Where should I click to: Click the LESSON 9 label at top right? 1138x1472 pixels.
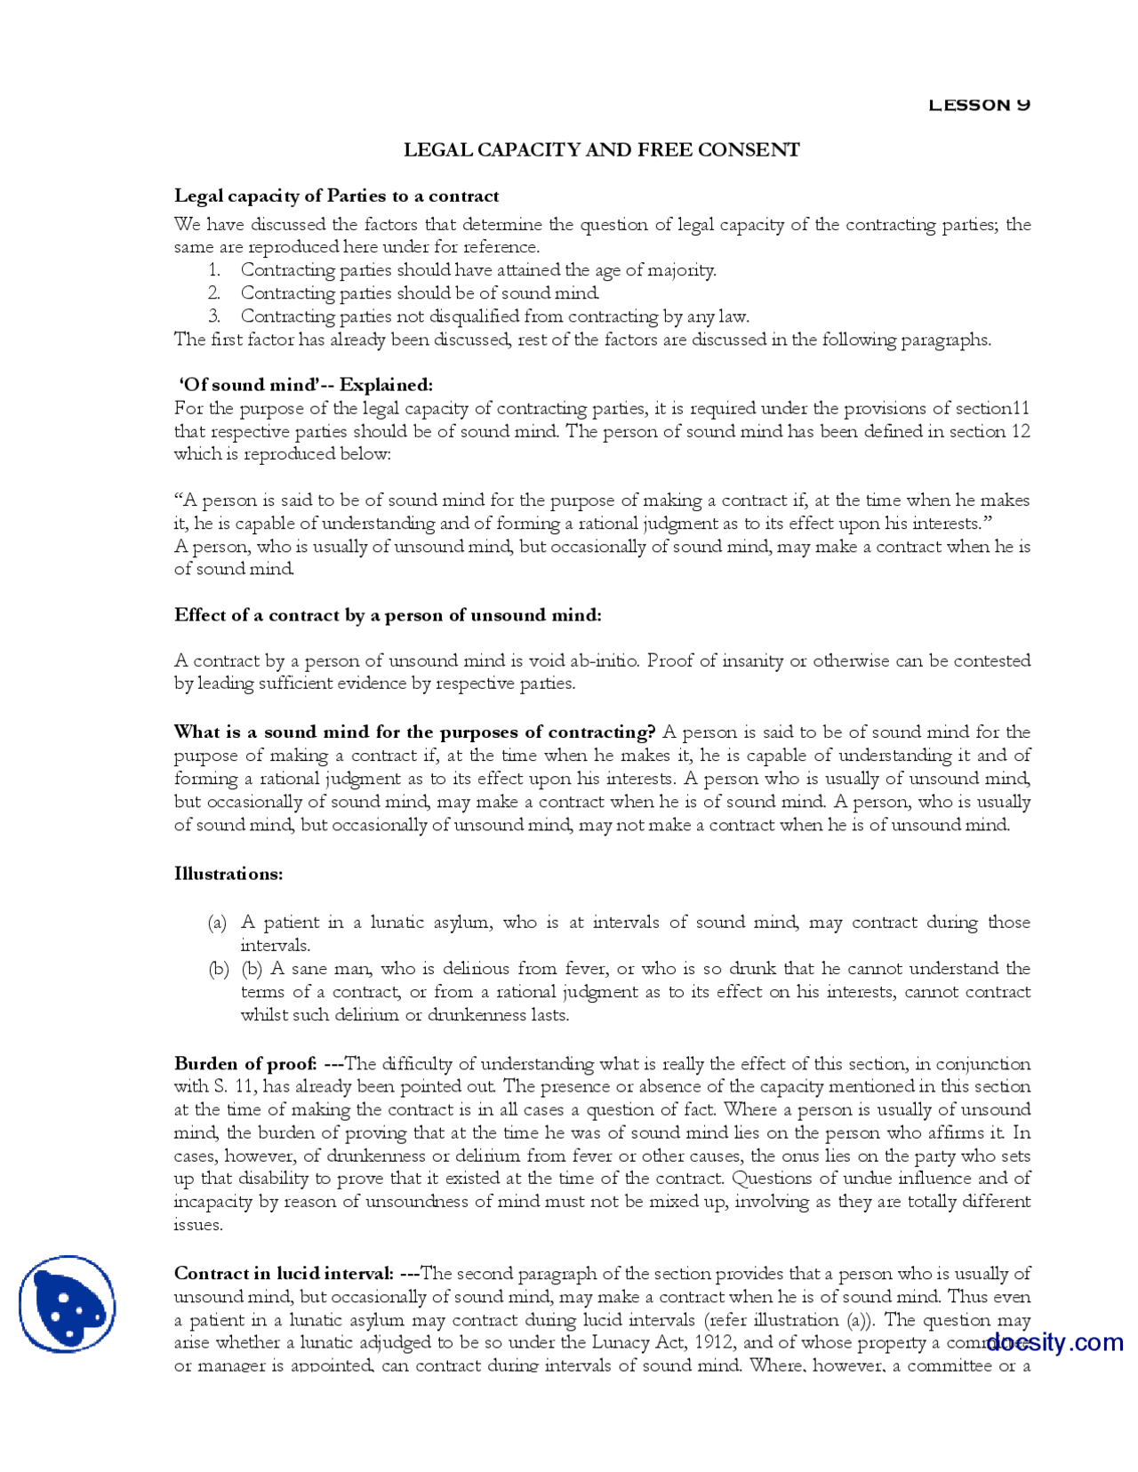tap(978, 105)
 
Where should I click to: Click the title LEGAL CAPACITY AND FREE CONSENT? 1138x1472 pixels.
tap(601, 149)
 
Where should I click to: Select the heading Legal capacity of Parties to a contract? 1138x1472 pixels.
tap(336, 196)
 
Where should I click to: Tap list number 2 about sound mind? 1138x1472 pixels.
tap(214, 293)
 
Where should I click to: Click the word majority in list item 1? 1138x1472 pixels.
tap(683, 270)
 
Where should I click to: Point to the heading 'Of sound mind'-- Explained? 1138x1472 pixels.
tap(306, 385)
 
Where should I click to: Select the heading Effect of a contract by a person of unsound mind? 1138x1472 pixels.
tap(388, 615)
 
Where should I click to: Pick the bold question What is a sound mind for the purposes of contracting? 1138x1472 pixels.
tap(414, 732)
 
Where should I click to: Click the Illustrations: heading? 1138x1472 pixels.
tap(228, 874)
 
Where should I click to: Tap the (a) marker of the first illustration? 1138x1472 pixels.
tap(217, 923)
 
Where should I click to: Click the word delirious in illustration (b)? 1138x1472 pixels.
tap(476, 969)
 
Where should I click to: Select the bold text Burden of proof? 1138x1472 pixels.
tap(245, 1064)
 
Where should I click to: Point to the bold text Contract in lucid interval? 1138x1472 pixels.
tap(284, 1274)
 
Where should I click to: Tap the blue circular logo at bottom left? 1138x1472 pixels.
tap(67, 1304)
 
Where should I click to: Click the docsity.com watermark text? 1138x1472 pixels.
tap(1054, 1341)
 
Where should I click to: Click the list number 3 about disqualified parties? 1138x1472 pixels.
tap(214, 316)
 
